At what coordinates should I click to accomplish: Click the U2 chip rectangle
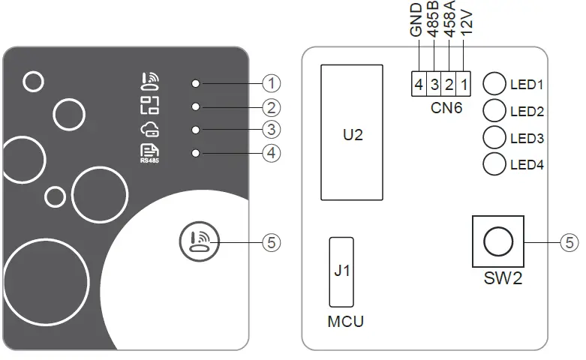coord(352,133)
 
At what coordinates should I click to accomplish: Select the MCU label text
coord(346,322)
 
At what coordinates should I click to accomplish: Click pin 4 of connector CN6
coord(419,84)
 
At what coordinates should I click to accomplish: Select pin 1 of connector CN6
coord(465,84)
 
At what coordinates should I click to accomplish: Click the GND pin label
coord(417,21)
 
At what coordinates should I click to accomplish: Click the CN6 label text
coord(446,108)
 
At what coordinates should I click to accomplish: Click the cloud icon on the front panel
coord(150,130)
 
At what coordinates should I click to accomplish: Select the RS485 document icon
coord(150,152)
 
